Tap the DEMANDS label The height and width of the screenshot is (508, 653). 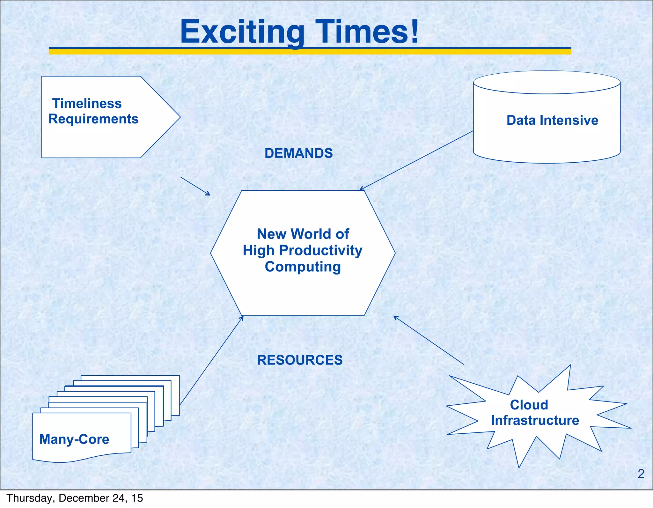pos(298,153)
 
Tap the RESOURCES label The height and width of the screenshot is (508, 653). pos(300,360)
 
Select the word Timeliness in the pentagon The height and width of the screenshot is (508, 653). pos(87,104)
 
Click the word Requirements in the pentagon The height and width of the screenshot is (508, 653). pos(93,119)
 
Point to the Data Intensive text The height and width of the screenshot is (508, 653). pos(552,120)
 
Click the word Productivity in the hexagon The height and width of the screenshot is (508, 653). pos(320,250)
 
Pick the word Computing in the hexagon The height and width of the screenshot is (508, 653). pos(303,267)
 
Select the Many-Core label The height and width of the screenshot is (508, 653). pos(74,439)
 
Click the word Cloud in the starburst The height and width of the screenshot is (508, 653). pos(529,405)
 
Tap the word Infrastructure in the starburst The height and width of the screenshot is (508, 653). pos(535,420)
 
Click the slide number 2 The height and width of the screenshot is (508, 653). pos(641,474)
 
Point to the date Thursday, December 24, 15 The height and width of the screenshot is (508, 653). pos(75,498)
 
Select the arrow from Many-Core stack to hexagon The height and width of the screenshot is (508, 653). pos(211,360)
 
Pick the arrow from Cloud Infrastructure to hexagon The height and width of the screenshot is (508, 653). pos(429,340)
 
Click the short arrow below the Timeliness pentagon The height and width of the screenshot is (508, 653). pos(195,186)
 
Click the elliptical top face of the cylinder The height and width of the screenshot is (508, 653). pos(547,82)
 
